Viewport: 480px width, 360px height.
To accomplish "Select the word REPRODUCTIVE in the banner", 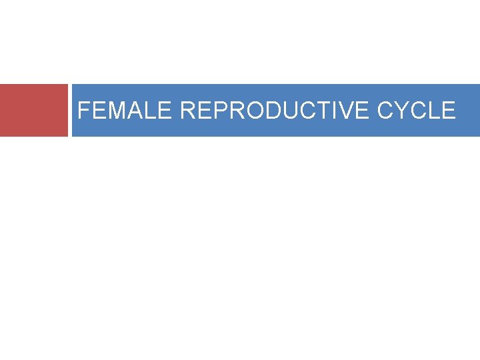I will [x=275, y=110].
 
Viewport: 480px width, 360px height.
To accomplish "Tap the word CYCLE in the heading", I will [x=417, y=110].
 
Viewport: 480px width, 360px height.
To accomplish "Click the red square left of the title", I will [x=34, y=110].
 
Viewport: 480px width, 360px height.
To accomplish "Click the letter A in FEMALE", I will [x=136, y=110].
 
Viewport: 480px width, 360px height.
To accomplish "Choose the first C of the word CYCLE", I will [x=386, y=110].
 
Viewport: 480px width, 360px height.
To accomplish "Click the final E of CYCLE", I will [x=449, y=110].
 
